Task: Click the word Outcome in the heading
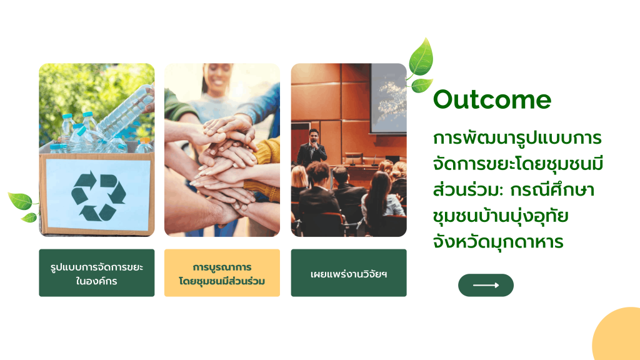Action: pos(492,99)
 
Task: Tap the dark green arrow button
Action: pos(486,285)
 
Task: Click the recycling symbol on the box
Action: pos(98,196)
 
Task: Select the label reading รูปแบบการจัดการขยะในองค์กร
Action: pos(97,272)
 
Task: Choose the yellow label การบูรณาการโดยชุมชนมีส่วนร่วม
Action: pos(222,272)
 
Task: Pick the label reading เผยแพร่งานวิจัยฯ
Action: pos(349,272)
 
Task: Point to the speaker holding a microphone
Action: pos(312,149)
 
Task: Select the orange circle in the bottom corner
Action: pos(616,334)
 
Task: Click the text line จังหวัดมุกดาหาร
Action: pos(498,242)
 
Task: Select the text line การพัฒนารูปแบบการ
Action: pos(517,137)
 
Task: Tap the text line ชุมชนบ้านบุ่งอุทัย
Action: pos(501,216)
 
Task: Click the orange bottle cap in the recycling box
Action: pos(145,141)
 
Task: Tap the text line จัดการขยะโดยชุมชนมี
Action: pos(518,164)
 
